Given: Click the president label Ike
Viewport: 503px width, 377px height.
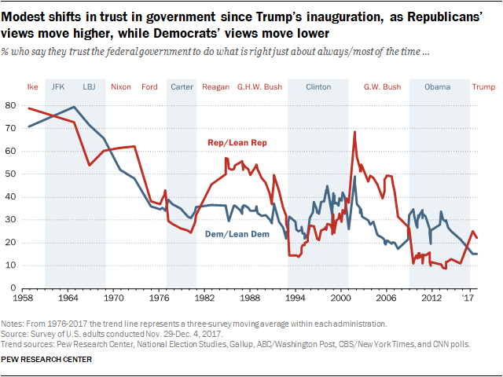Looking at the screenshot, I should [x=33, y=86].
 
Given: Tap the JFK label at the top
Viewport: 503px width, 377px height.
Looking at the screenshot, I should [x=57, y=86].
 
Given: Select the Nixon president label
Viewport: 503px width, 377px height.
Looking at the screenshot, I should [x=121, y=86].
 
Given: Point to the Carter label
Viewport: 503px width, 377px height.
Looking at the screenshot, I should [x=182, y=86].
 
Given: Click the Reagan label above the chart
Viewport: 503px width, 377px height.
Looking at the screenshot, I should [x=216, y=86].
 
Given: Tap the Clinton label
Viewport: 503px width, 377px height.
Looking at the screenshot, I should [x=318, y=86].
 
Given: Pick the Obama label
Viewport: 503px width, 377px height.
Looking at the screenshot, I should [x=437, y=86].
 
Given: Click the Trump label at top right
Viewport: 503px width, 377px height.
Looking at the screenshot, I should [x=483, y=86].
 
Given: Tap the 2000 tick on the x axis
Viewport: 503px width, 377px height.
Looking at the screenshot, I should [x=340, y=298].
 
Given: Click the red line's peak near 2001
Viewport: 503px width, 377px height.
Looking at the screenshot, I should [x=354, y=132].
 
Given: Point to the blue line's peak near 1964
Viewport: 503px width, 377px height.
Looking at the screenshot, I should [x=74, y=107].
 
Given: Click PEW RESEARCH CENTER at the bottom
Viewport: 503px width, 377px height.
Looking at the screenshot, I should [x=47, y=360].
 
